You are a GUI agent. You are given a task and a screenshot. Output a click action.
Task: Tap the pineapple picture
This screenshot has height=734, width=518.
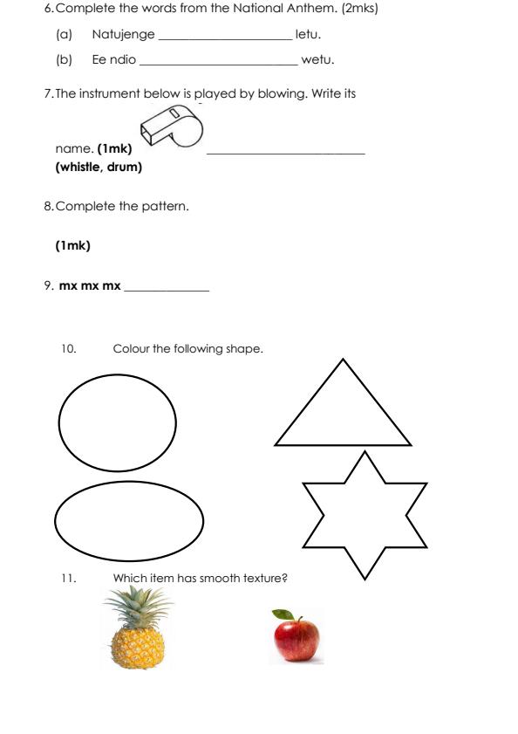coord(137,628)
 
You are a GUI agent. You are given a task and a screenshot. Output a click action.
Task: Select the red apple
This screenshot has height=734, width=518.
coord(296,637)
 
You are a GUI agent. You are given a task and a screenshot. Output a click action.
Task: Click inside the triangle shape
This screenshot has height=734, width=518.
coord(343,415)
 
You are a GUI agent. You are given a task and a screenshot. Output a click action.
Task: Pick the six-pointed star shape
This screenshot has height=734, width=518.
coord(365,515)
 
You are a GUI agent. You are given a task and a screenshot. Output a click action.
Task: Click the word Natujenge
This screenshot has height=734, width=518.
coord(123,35)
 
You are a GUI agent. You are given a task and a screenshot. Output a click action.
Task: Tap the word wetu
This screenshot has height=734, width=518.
coord(317,60)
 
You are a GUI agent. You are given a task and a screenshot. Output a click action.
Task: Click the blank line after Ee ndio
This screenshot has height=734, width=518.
coord(218,64)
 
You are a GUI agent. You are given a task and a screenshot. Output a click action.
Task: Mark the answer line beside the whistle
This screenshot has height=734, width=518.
coord(285,154)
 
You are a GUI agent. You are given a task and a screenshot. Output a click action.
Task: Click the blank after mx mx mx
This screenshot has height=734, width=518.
coord(167,290)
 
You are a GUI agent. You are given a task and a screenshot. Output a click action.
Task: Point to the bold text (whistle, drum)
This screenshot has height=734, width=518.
coord(99,167)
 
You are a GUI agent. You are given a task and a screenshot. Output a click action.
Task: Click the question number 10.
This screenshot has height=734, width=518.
coord(69,349)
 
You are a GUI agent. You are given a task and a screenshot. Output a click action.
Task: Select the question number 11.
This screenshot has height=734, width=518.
coord(69,577)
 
